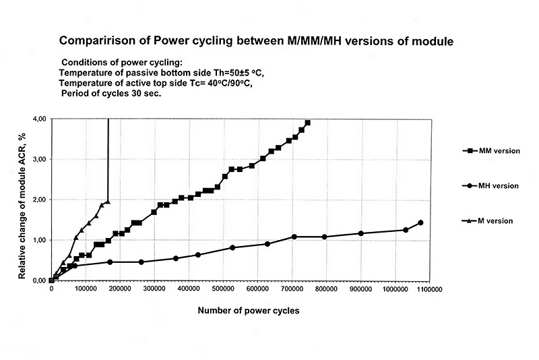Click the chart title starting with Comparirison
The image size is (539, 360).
[256, 41]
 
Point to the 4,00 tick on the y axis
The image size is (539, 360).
[38, 119]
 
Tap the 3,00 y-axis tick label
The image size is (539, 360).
[38, 159]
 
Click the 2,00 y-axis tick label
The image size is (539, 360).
[38, 200]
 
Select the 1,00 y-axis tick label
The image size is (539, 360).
[38, 240]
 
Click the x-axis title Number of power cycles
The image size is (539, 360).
[249, 311]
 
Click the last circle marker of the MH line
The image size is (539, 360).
[421, 222]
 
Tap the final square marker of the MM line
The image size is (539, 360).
[307, 123]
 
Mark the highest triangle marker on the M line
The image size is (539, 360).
[107, 202]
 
